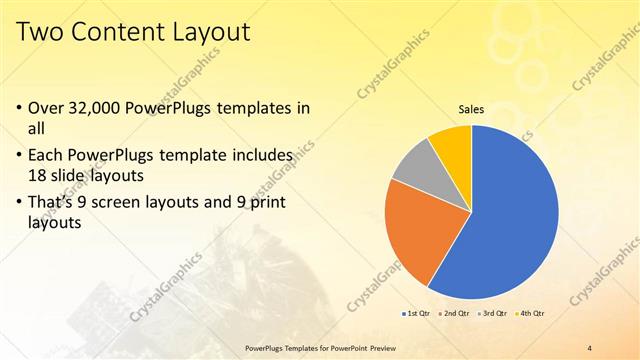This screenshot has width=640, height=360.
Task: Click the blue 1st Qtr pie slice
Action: [x=510, y=220]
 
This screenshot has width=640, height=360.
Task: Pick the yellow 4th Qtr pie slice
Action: [x=452, y=145]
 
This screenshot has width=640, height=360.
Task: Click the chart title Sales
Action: [x=471, y=109]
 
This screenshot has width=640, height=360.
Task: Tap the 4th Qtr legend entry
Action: [x=531, y=314]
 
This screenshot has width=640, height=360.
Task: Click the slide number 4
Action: [x=589, y=347]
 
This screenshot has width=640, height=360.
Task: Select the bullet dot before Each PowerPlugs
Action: [x=23, y=156]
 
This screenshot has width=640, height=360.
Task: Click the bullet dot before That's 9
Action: [x=23, y=206]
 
